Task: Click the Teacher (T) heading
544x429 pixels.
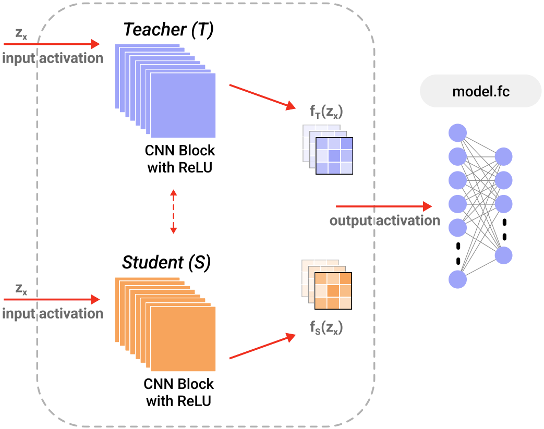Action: coord(168,30)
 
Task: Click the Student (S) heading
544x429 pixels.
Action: coord(166,263)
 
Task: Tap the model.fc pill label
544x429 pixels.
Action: coord(481,92)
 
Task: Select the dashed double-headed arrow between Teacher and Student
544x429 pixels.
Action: coord(174,211)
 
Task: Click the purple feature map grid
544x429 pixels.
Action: coord(334,155)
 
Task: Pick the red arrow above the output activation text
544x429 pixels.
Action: coord(384,206)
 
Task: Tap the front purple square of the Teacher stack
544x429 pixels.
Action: coord(183,104)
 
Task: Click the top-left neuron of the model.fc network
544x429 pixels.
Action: coord(457,131)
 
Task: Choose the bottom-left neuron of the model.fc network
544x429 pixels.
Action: coord(457,278)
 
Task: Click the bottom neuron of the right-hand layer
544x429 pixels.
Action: coord(504,255)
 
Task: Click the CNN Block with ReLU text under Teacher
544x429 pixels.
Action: coord(180,159)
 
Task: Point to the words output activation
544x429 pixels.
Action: coord(384,220)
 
